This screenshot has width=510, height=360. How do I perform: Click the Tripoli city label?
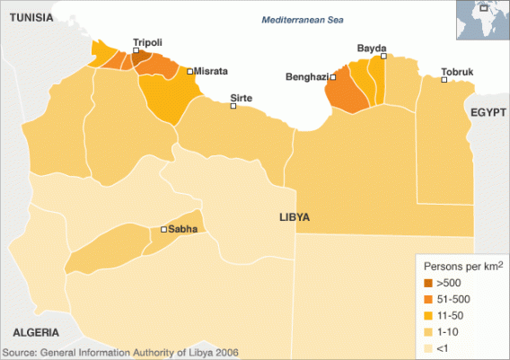coord(147,41)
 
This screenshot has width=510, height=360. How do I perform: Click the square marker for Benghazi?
coord(332,77)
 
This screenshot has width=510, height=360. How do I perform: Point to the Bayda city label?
coord(371,47)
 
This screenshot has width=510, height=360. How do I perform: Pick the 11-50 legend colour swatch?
coord(428,315)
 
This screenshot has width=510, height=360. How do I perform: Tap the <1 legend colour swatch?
coord(428,347)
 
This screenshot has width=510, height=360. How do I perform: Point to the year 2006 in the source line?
coord(225,353)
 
